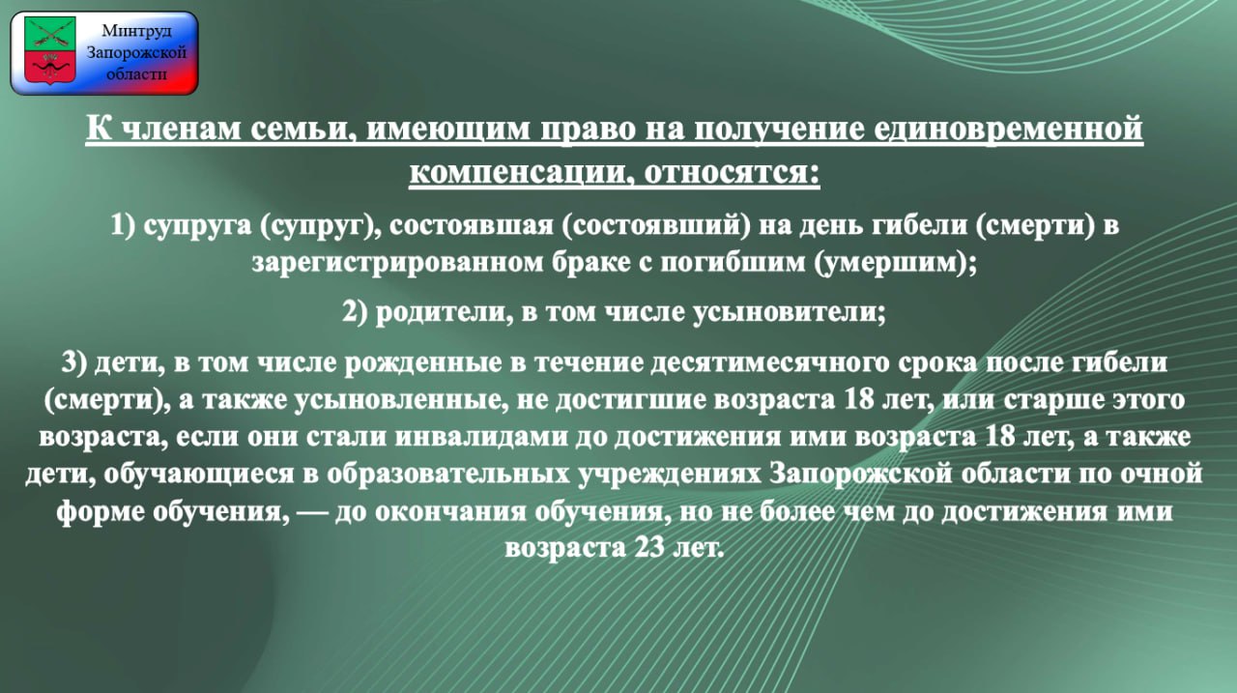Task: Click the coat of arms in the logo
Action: pyautogui.click(x=49, y=50)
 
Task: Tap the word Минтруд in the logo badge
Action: pyautogui.click(x=136, y=30)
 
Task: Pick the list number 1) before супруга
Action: pyautogui.click(x=123, y=226)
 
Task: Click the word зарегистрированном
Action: pyautogui.click(x=398, y=263)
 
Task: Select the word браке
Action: pyautogui.click(x=591, y=262)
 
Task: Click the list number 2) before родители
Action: pyautogui.click(x=355, y=312)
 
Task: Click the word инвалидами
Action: pyautogui.click(x=482, y=436)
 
